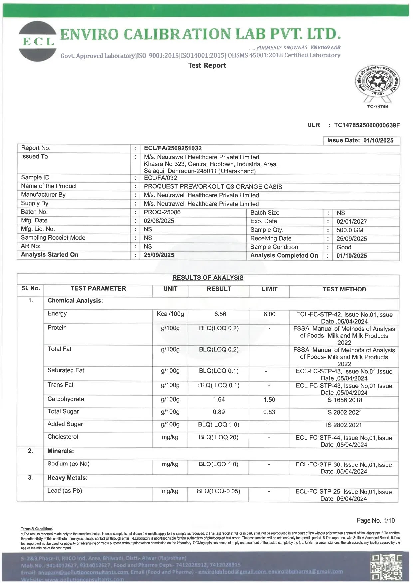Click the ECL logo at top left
point(37,41)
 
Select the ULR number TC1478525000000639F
point(367,125)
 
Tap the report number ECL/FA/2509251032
point(173,148)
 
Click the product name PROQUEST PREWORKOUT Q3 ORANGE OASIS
point(213,187)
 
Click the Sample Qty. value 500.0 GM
point(350,230)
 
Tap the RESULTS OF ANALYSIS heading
point(208,278)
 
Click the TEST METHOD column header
point(344,289)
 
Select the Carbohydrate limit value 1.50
point(269,400)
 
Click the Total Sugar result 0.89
point(219,412)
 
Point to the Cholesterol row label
point(63,437)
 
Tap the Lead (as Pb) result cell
point(218,491)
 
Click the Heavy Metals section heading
point(67,478)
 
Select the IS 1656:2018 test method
point(344,400)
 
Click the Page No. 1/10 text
point(375,521)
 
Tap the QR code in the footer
point(386,568)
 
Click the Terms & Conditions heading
point(37,529)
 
